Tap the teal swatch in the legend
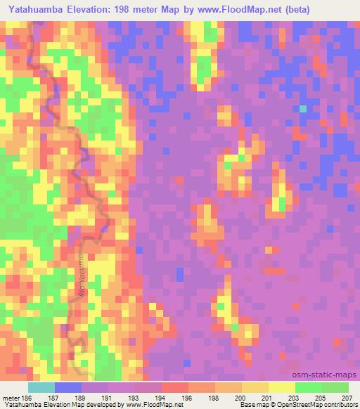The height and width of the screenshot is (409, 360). tap(41, 387)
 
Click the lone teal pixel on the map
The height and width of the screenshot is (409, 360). tap(303, 109)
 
